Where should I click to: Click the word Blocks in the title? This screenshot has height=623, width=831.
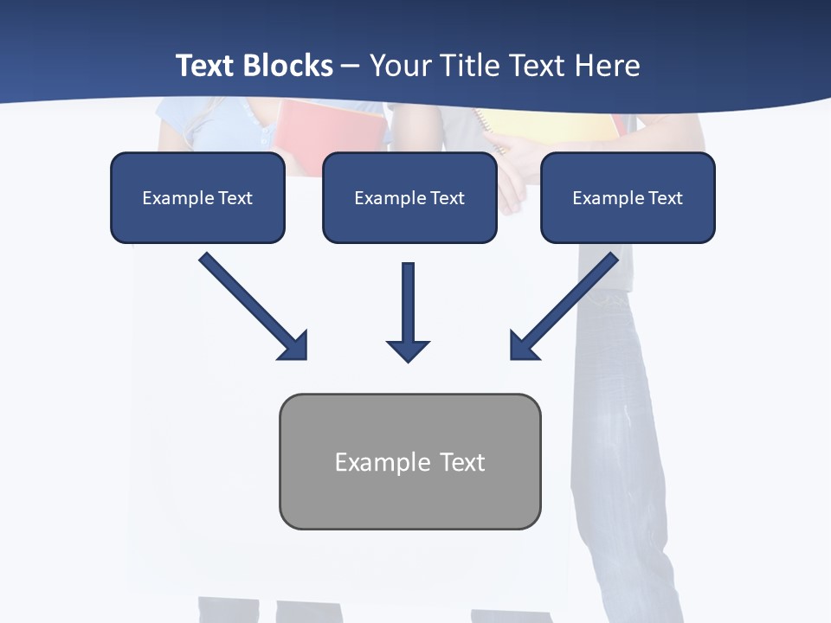click(x=287, y=66)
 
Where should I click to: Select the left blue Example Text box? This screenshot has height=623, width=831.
click(x=197, y=198)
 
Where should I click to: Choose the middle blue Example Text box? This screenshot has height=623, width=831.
click(x=409, y=198)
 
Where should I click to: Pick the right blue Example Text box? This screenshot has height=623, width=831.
click(x=628, y=198)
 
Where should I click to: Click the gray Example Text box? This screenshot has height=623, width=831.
click(x=409, y=462)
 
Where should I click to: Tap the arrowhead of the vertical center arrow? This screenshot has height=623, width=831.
click(x=409, y=350)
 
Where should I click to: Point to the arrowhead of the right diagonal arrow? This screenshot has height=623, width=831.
click(x=524, y=345)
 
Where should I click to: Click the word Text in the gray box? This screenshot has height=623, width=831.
click(x=462, y=462)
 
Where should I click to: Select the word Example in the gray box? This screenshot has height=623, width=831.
click(x=381, y=462)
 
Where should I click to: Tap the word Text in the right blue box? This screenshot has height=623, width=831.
click(x=665, y=198)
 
